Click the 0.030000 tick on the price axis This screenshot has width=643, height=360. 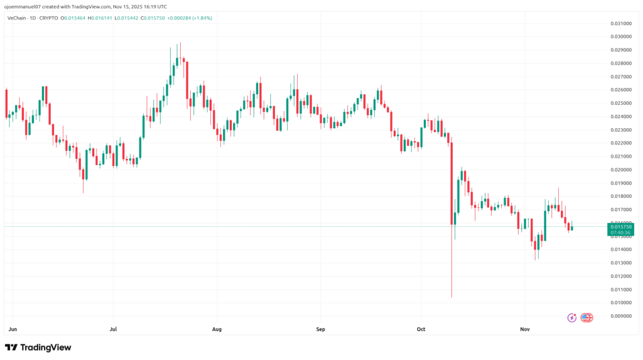coord(619,36)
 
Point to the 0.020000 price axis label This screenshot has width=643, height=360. coord(619,170)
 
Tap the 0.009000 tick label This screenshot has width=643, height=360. coord(619,316)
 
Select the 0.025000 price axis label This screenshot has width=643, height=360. coord(619,103)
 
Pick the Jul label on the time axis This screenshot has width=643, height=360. coord(113,329)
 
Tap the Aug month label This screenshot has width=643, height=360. coord(217,329)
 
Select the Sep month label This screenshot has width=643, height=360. coord(320,329)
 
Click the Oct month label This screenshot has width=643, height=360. coord(421,329)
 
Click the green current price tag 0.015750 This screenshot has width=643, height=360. coord(619,226)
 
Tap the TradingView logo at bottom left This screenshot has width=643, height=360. coord(38,347)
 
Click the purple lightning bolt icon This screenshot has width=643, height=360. coord(572,318)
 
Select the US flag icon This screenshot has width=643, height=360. coord(586,318)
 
